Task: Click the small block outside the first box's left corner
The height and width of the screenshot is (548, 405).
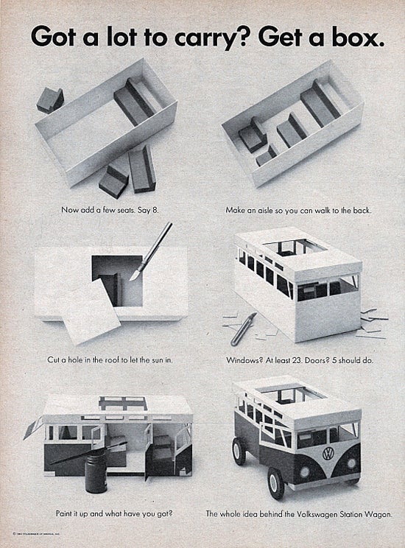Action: click(50, 99)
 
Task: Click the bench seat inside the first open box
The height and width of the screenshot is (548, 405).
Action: click(134, 102)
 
